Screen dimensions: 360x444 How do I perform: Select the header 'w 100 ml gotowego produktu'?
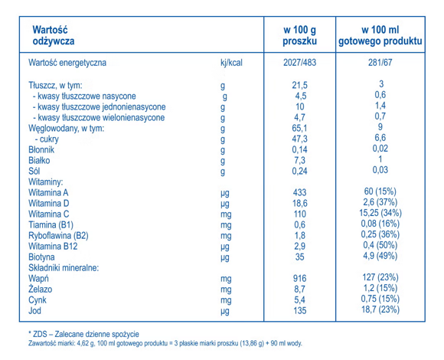point(380,34)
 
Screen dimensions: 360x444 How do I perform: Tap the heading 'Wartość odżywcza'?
point(54,34)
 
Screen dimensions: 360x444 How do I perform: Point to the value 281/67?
point(380,64)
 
